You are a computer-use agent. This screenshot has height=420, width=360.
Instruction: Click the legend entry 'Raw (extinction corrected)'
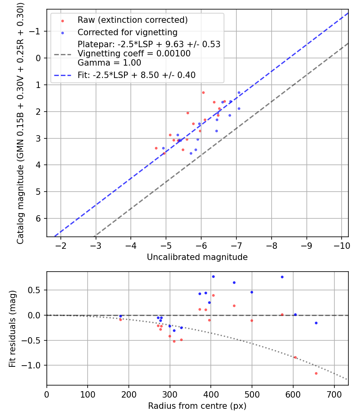pos(132,20)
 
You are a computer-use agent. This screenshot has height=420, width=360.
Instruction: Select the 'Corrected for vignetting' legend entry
pos(127,32)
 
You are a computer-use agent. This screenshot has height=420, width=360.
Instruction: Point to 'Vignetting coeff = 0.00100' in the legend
pos(134,53)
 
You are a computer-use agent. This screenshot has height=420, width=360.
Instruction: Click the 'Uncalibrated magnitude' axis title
pos(197,257)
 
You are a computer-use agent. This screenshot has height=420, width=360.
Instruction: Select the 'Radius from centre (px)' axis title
pos(197,406)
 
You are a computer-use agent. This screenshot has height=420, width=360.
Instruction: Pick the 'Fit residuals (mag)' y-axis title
pos(12,328)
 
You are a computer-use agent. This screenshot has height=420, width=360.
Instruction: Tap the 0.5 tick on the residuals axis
pos(37,290)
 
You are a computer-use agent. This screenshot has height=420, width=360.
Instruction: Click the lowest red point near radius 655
pos(316,373)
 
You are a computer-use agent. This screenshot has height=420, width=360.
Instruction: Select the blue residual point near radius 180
pos(120,316)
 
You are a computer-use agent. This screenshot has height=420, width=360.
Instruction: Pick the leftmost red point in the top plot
pos(156,148)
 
